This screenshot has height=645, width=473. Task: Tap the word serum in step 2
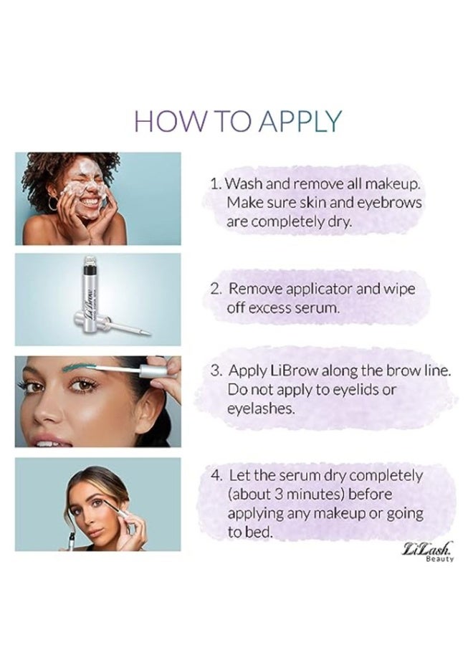(315, 308)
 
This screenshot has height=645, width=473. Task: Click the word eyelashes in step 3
(258, 408)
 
